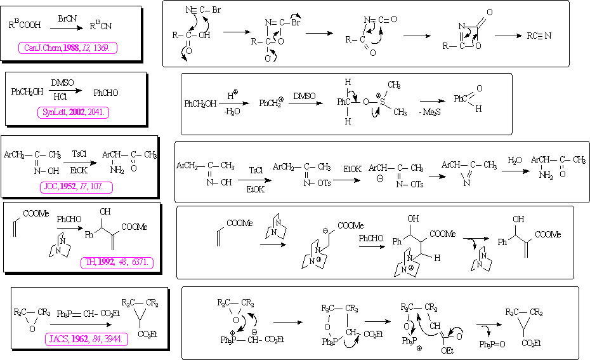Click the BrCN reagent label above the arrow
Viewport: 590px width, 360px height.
click(67, 12)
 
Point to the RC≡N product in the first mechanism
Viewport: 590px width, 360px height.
click(539, 36)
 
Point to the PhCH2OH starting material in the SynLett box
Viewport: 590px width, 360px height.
click(27, 92)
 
